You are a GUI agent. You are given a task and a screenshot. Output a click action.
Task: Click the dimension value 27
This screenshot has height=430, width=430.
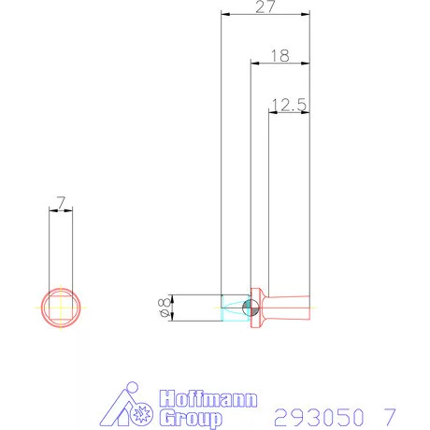pos(265,7)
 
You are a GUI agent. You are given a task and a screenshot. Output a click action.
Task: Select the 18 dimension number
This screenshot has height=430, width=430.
pos(279,56)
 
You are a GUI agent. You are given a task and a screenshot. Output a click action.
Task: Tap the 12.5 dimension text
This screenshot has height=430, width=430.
pos(288,106)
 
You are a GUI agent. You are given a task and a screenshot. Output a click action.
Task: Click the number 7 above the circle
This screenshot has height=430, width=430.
pos(61,202)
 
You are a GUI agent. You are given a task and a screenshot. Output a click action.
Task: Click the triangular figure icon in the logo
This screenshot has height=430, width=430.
pos(125,407)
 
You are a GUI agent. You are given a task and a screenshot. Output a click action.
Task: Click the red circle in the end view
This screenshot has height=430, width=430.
pos(61,288)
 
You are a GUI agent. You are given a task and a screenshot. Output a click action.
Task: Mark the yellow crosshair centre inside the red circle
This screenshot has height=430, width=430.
pos(61,308)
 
